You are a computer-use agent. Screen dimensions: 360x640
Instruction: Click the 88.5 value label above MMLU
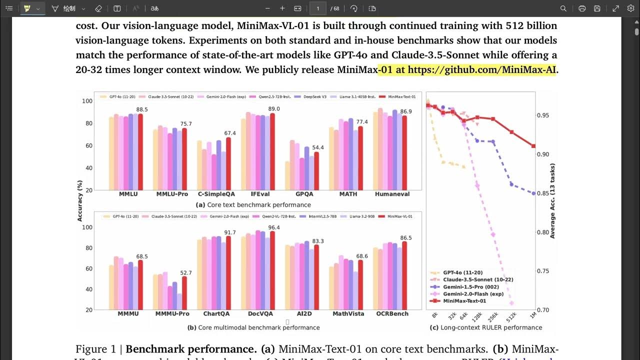coord(142,109)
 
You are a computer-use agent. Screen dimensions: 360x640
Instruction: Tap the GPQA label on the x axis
coord(304,194)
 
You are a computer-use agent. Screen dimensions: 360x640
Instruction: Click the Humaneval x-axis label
coord(392,194)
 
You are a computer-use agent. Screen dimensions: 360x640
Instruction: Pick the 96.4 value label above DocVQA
coord(274,227)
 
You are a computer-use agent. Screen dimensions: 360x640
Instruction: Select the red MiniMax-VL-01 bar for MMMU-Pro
coord(184,293)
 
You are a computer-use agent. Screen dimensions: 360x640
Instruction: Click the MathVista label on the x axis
coord(348,314)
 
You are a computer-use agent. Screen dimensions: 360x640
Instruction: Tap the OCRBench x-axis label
coord(392,314)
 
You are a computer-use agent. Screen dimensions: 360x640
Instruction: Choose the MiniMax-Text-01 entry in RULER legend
coord(464,301)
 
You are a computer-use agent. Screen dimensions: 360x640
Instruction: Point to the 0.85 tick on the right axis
coord(542,193)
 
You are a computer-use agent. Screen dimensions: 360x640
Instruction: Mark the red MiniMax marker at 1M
coord(533,146)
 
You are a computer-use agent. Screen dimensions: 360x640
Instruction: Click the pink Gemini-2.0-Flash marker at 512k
coord(511,303)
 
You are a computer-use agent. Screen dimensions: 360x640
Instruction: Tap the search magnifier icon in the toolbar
coord(563,8)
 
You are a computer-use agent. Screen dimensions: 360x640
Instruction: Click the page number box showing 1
coord(318,8)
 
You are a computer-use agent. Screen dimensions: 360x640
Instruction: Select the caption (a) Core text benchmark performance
coord(253,205)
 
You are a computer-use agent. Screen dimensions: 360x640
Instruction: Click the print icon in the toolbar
coord(582,8)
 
